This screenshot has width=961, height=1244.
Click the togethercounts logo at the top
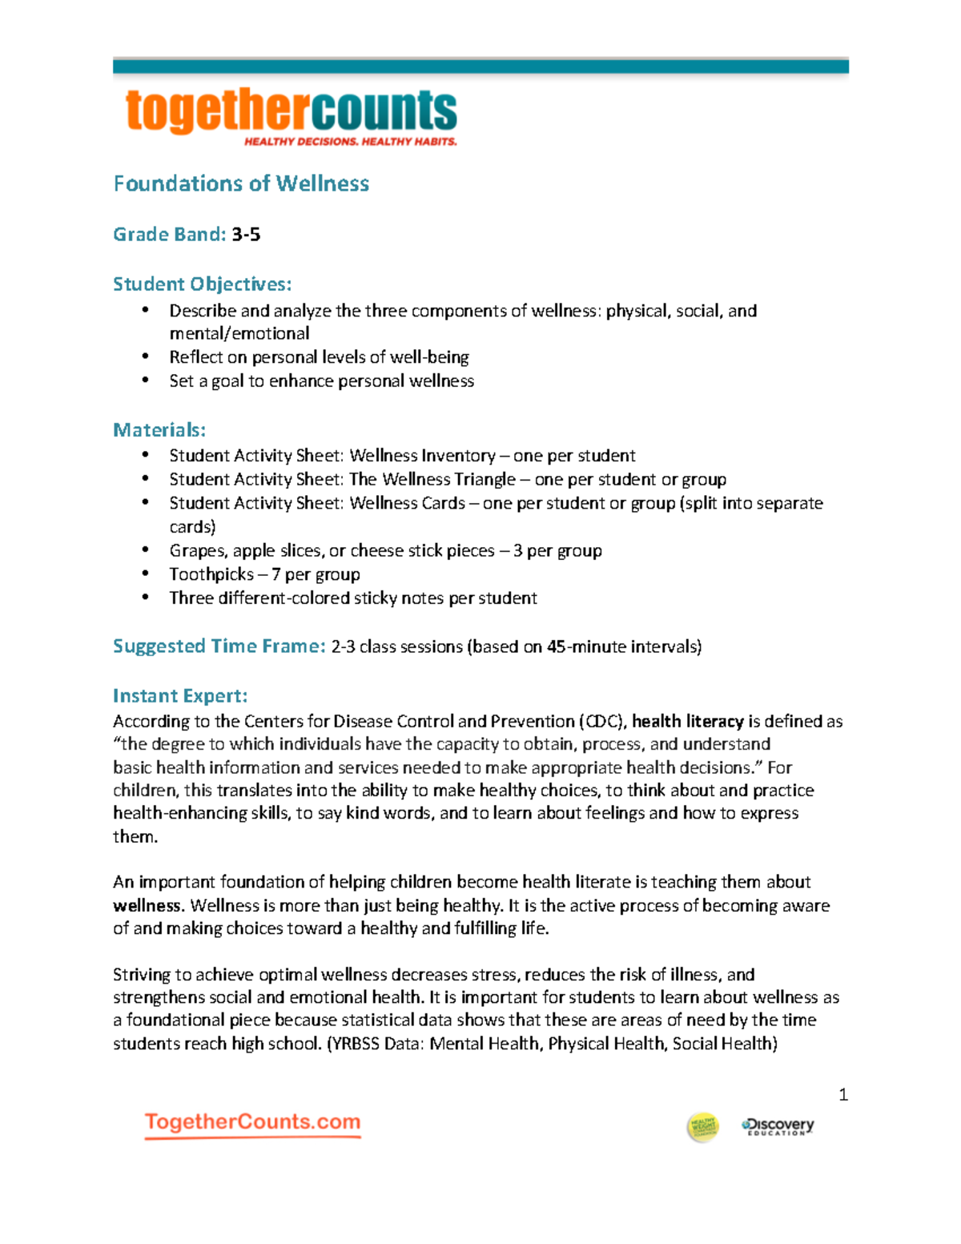pos(292,112)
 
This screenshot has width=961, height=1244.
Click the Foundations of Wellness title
pos(241,183)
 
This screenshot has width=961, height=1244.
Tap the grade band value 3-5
pos(246,235)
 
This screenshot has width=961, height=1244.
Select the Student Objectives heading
pos(202,284)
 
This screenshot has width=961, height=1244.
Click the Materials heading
pos(159,430)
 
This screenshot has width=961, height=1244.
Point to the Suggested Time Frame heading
pos(219,646)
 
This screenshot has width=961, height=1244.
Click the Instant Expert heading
pos(180,695)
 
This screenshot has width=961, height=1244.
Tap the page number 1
pos(842,1094)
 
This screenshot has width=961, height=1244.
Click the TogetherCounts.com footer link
pos(252,1122)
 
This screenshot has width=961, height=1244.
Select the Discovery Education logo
pos(778,1126)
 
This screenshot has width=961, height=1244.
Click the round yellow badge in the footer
pos(702,1127)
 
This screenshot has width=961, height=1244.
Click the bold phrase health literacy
pos(687,721)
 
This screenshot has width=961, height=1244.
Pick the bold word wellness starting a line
pos(147,905)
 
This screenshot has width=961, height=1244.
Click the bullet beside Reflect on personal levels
pos(145,356)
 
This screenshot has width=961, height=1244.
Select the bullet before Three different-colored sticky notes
pos(145,598)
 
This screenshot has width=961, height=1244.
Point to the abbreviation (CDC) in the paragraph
pos(601,721)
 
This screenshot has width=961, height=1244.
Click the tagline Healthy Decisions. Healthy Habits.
pos(350,142)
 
